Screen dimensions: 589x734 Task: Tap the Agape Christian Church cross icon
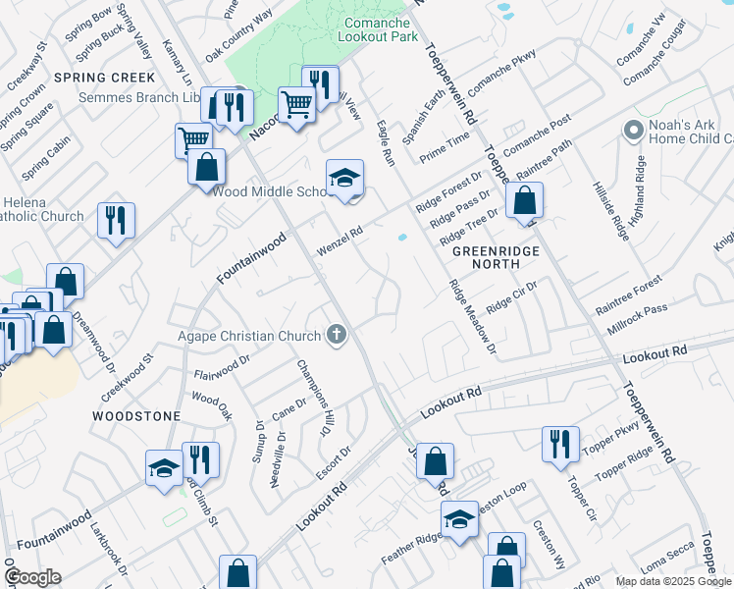(x=337, y=336)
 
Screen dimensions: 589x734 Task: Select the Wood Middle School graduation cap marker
(x=344, y=179)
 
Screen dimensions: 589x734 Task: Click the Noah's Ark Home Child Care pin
(x=632, y=130)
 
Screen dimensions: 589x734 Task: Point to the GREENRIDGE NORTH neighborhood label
(x=497, y=257)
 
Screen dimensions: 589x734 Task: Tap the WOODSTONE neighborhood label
(x=135, y=416)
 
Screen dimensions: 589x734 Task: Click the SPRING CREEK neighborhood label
(x=104, y=77)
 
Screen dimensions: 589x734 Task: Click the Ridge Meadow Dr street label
(x=472, y=316)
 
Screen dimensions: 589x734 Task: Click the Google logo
(x=32, y=576)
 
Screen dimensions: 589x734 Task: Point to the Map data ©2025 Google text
(x=672, y=581)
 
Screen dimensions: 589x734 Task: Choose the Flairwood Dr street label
(x=223, y=368)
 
